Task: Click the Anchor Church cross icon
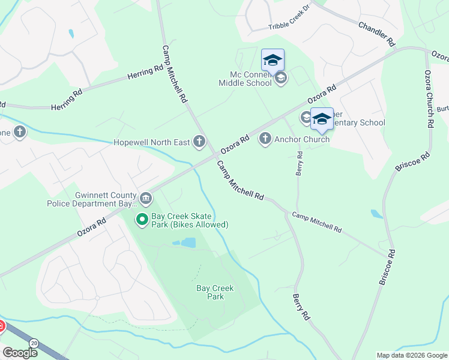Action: [265, 139]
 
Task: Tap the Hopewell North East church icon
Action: [199, 142]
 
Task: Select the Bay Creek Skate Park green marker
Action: [142, 220]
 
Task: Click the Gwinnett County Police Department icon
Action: [145, 199]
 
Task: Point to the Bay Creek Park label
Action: [215, 292]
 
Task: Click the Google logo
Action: [19, 353]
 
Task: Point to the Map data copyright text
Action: [412, 355]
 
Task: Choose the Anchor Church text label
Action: [302, 139]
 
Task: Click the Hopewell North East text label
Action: [152, 143]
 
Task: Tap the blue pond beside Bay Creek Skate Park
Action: [187, 242]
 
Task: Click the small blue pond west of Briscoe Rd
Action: [377, 214]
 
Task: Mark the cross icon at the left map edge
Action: [20, 131]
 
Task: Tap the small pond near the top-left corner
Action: [71, 34]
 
